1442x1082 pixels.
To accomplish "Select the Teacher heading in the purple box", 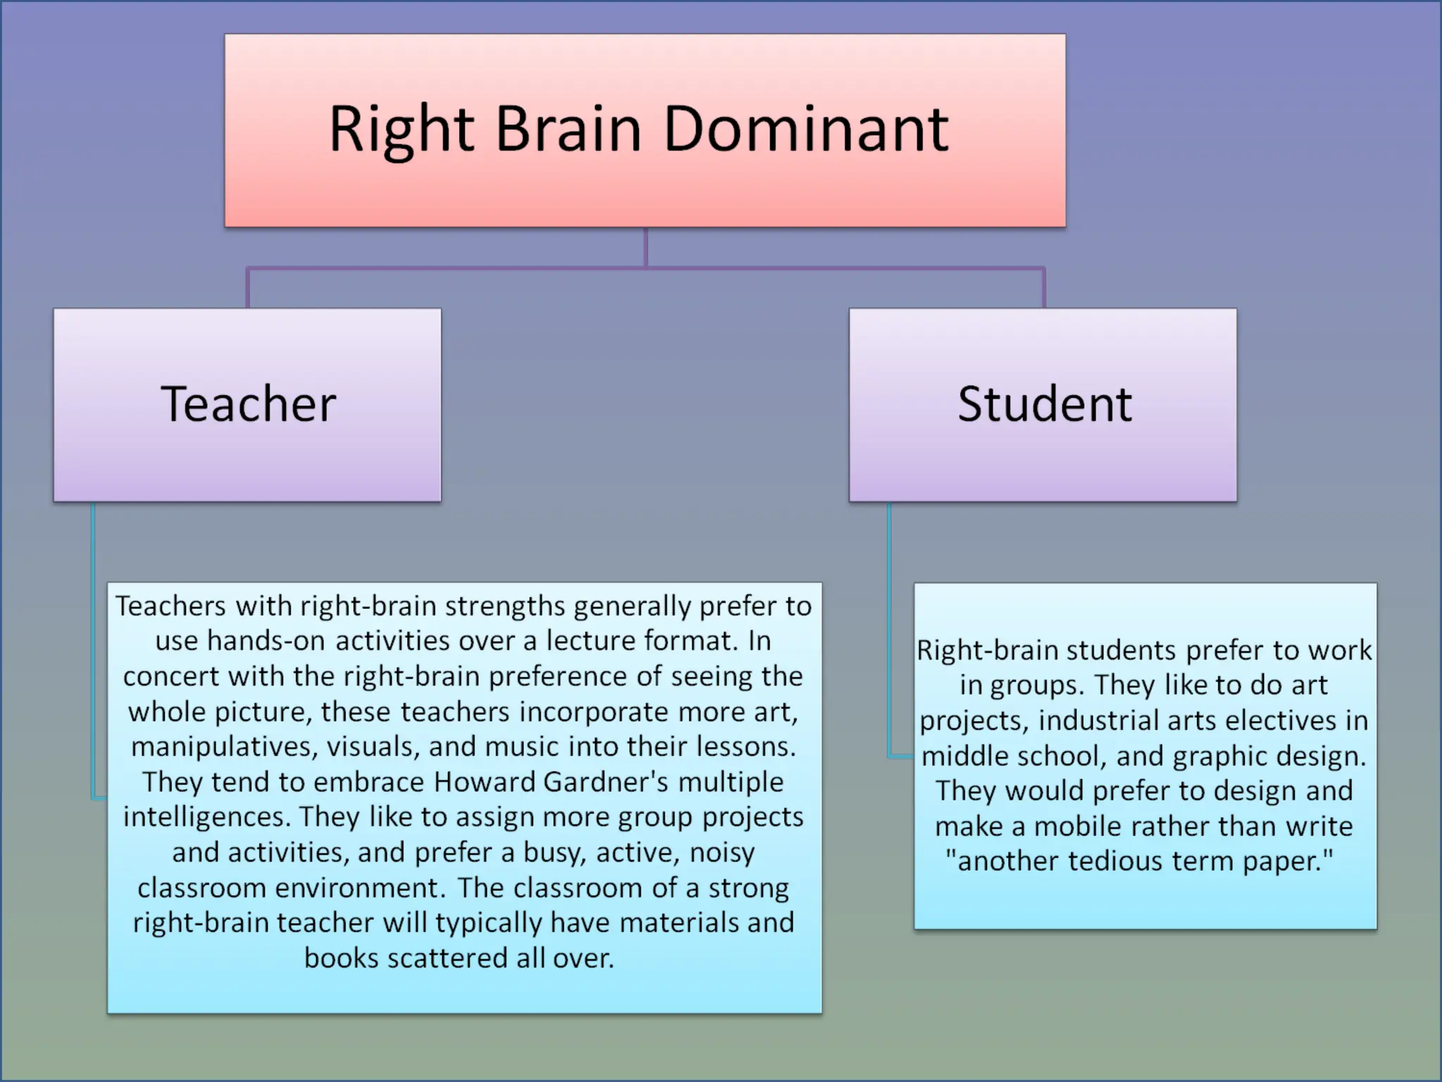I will pos(248,404).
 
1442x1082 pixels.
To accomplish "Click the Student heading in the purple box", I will pos(1044,404).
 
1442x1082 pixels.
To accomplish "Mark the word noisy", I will pos(722,852).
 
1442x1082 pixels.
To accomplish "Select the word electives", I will pos(1257,721).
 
